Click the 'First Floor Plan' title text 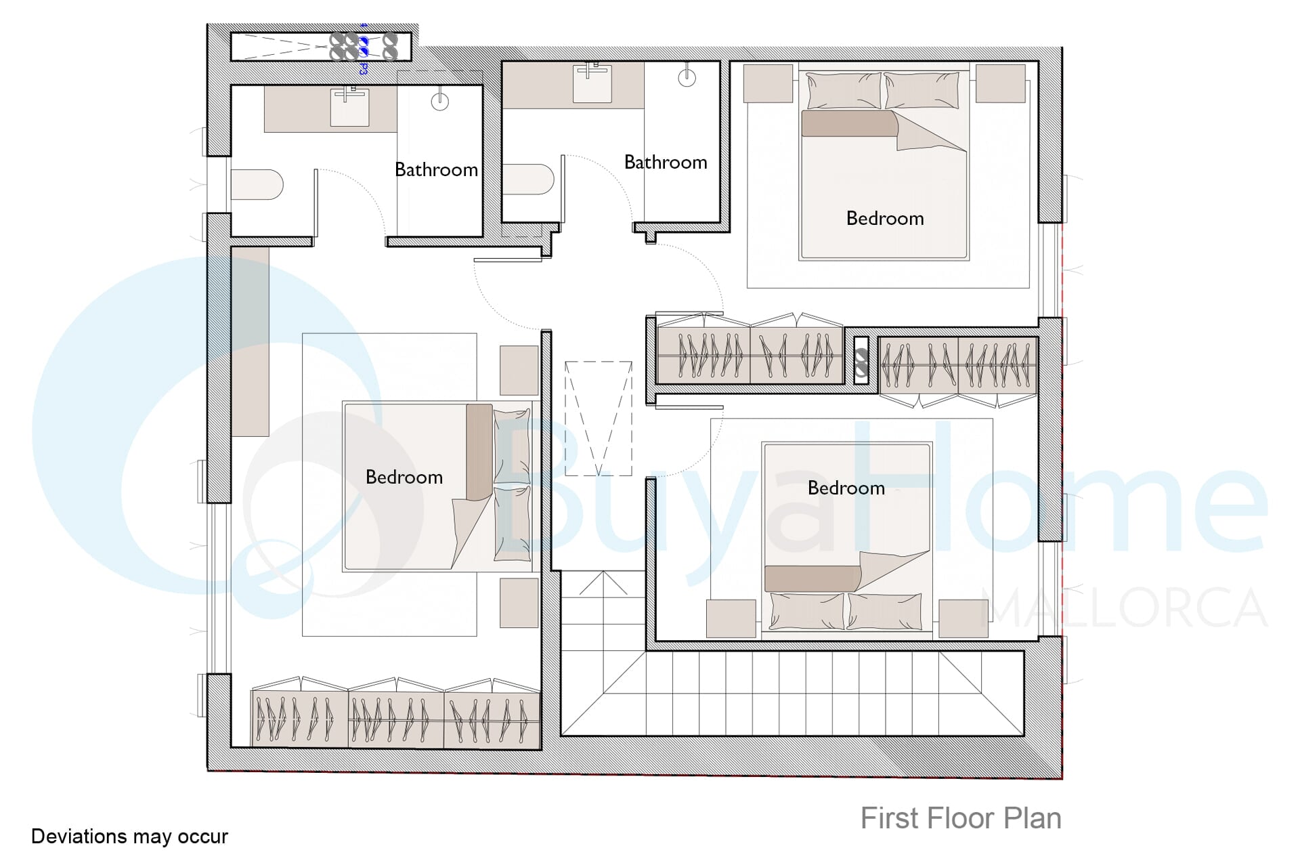pos(961,818)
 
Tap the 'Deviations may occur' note pos(129,837)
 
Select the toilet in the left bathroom pos(257,184)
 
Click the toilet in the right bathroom pos(528,179)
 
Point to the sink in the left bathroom pos(349,107)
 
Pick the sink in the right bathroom pos(592,83)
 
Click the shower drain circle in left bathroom pos(440,102)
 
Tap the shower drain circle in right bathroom pos(687,78)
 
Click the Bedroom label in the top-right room pos(885,218)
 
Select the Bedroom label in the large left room pos(404,477)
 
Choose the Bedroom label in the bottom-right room pos(846,488)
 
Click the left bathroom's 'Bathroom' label pos(436,169)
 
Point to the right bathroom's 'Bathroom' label pos(666,162)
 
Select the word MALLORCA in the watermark pos(1124,608)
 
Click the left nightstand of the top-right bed pos(768,83)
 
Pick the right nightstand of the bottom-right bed pos(963,618)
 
